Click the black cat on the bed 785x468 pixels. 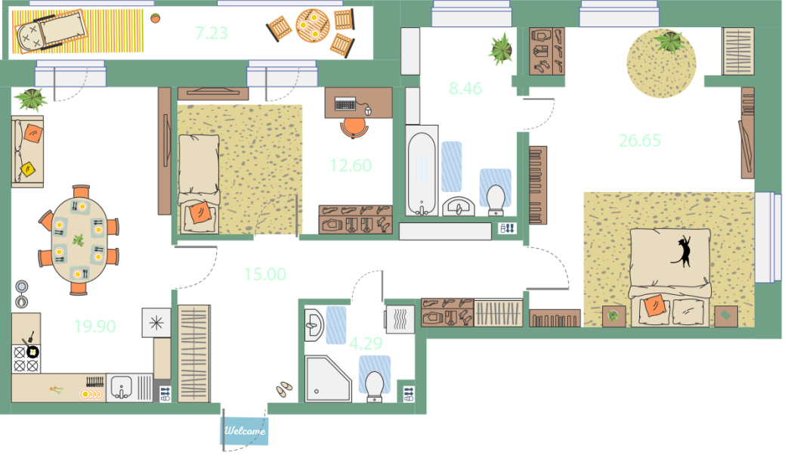(683, 251)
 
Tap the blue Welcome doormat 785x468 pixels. (244, 430)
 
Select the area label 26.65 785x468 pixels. (639, 141)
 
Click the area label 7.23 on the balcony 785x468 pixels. (212, 33)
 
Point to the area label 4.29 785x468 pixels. (366, 343)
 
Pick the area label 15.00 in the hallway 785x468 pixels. (265, 274)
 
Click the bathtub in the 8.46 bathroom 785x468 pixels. (422, 173)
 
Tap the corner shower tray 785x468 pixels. (328, 379)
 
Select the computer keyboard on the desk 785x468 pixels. (345, 104)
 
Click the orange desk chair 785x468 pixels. (354, 127)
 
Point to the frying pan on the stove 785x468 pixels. (31, 349)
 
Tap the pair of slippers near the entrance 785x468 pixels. (284, 389)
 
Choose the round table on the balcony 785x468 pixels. (312, 26)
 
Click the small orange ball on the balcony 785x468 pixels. (155, 18)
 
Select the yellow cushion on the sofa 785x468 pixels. (27, 169)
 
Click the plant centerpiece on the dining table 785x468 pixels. (78, 240)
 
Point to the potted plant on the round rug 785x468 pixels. (669, 41)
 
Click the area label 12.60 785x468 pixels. (351, 166)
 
